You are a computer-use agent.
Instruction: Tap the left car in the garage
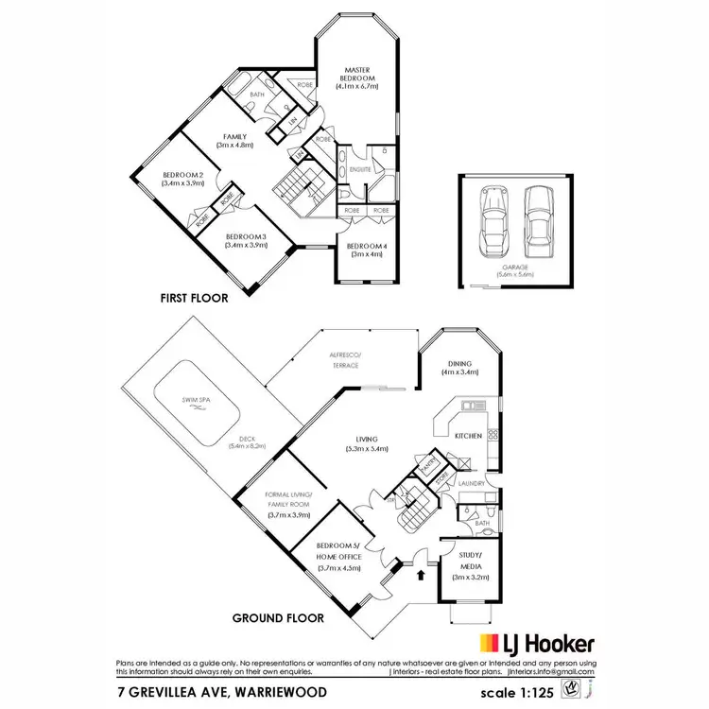tap(493, 221)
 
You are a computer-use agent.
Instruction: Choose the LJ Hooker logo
tap(538, 645)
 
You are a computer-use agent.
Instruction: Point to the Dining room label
tap(460, 366)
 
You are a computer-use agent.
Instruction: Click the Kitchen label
tap(469, 436)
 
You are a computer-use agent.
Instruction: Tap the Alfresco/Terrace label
tap(344, 360)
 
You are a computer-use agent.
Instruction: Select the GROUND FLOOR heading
tap(278, 618)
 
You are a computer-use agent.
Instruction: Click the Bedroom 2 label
tap(182, 179)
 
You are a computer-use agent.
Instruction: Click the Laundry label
tap(472, 484)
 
